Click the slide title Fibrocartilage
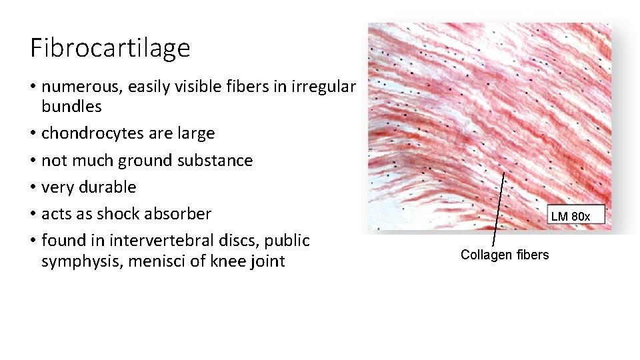pos(110,48)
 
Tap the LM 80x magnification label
pos(570,216)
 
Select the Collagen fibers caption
pos(505,255)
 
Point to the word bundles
pos(71,106)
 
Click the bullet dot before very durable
pos(33,187)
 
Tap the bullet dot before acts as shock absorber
pos(33,214)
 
